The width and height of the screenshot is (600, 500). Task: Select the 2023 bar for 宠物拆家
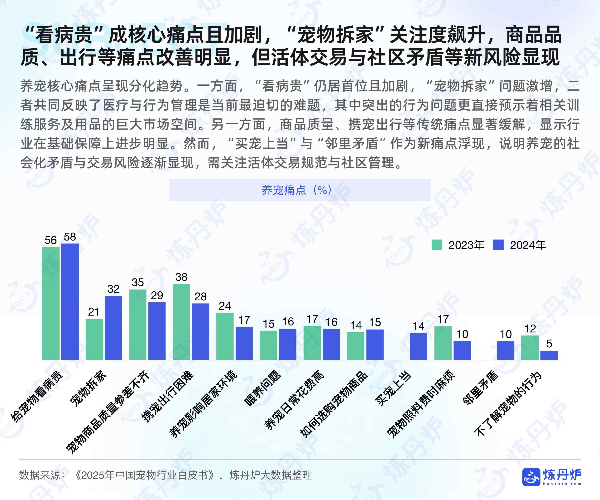tap(94, 339)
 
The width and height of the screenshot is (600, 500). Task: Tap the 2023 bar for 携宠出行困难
tap(181, 322)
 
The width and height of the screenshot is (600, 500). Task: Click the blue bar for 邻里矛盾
tap(505, 350)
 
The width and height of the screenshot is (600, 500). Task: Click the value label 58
tap(70, 237)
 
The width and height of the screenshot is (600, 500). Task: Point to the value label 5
tap(549, 344)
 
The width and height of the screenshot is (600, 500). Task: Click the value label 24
tap(225, 306)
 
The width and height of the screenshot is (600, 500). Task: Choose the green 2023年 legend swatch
tap(437, 245)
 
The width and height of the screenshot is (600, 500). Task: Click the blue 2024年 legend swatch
tap(498, 245)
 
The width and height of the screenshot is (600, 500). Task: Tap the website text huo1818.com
tap(562, 484)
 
